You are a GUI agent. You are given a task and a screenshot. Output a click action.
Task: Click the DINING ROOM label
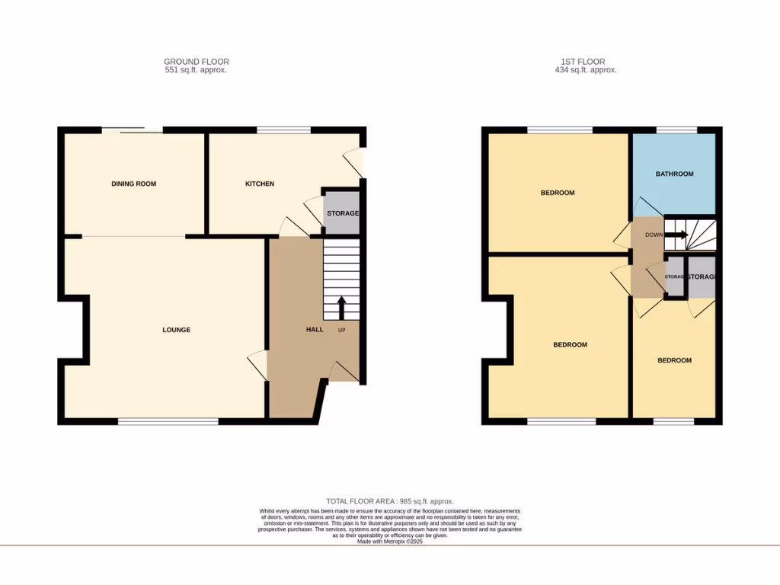133,184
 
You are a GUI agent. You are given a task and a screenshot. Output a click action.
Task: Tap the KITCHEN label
259,184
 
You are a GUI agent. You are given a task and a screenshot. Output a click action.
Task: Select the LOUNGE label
176,330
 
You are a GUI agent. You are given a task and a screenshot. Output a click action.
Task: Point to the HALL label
315,330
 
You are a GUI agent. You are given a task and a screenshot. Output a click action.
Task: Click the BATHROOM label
674,174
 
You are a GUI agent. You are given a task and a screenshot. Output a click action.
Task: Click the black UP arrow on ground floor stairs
340,307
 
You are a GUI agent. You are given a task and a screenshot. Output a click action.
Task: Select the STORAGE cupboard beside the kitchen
342,213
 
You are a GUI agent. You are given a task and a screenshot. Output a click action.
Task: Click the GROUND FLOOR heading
196,62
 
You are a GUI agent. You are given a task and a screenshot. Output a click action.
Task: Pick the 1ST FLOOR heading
586,62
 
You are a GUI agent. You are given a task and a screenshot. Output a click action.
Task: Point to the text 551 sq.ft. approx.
196,70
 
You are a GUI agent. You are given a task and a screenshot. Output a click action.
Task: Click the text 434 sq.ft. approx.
586,70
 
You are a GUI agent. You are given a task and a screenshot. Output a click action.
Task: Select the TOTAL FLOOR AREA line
390,501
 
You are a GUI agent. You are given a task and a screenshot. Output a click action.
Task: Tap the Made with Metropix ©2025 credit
390,541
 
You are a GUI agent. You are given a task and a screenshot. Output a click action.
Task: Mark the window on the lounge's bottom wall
168,420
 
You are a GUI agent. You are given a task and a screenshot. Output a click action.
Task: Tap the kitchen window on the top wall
283,130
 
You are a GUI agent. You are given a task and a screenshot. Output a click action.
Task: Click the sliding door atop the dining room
133,130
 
